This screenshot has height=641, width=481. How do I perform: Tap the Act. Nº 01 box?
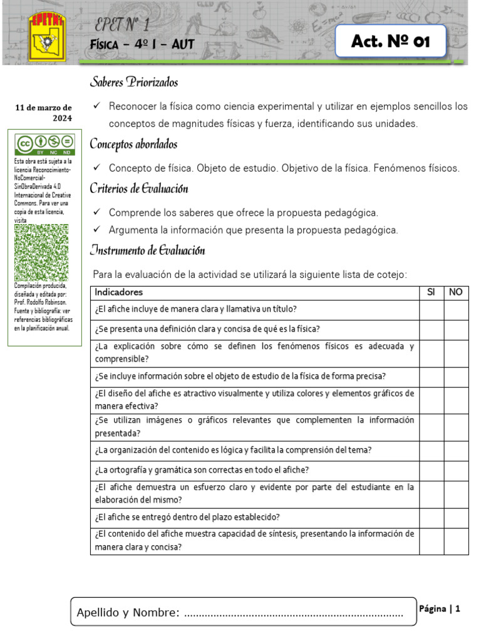391,42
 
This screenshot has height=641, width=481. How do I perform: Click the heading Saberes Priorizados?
134,83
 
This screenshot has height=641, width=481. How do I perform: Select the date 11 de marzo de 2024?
44,113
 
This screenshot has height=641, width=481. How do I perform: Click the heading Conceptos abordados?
133,145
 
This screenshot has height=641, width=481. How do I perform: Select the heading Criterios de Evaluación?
138,188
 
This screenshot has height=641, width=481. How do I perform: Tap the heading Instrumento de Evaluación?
147,251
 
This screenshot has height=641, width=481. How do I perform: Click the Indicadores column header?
119,292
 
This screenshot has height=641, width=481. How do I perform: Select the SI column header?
431,292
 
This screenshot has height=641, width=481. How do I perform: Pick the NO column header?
456,292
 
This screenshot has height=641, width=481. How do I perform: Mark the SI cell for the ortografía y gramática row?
432,470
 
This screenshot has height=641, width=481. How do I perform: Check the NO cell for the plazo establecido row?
456,517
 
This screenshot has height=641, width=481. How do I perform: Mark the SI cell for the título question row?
432,310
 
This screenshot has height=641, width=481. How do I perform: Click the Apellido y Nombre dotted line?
294,613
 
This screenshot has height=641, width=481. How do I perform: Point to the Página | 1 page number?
440,608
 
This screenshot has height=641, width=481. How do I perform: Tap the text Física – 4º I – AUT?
142,44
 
